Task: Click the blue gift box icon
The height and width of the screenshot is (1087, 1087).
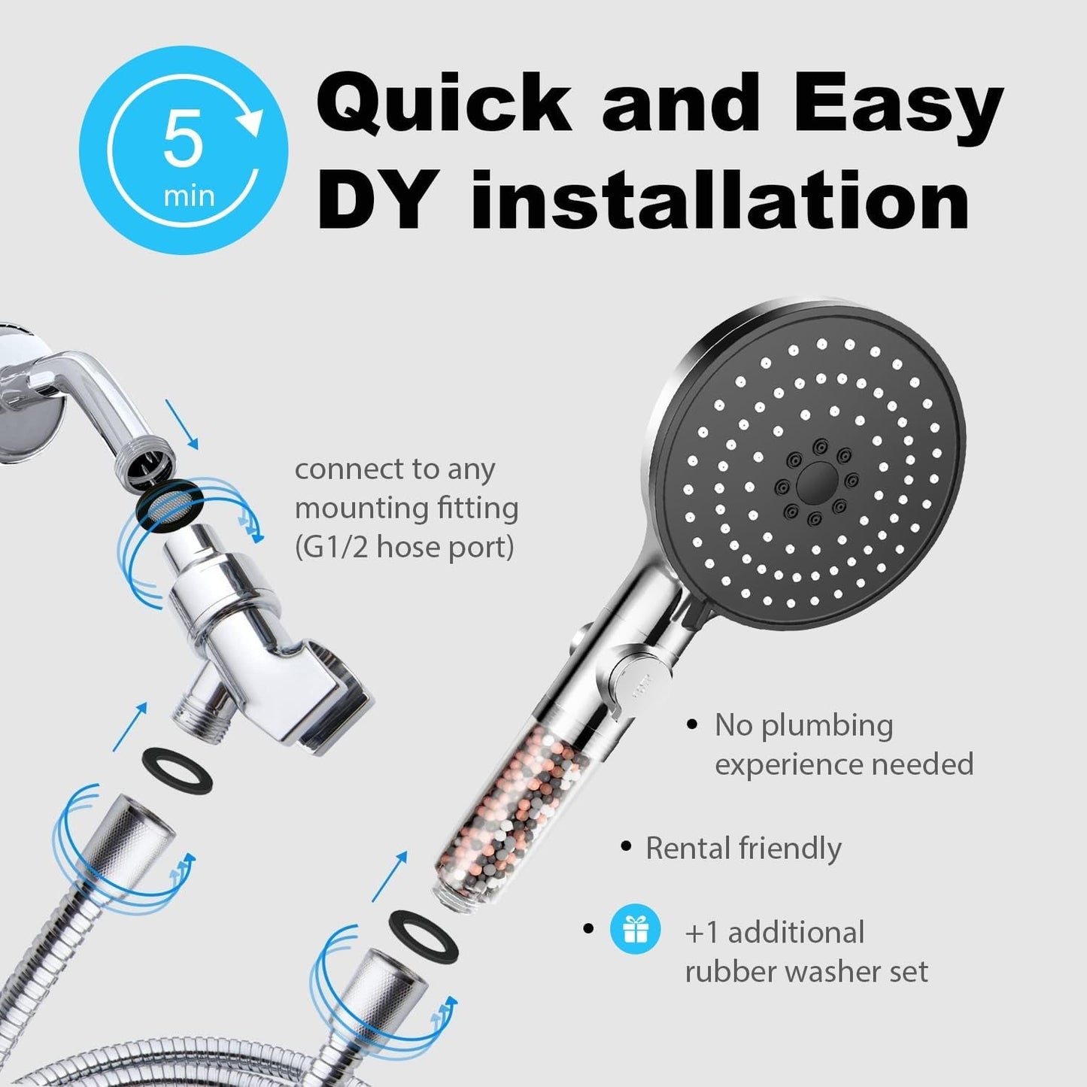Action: point(636,930)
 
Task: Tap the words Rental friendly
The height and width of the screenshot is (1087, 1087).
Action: point(743,849)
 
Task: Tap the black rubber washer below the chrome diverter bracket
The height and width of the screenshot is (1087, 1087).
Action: point(177,767)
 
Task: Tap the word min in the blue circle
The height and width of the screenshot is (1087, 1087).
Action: point(190,196)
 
